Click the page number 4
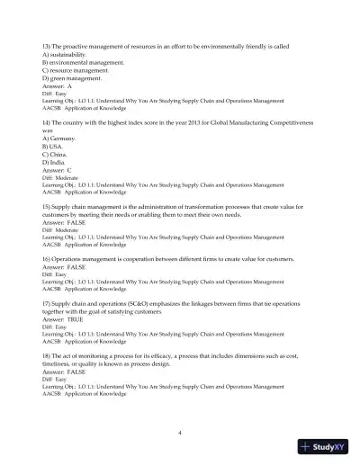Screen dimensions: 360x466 tap(180, 433)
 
